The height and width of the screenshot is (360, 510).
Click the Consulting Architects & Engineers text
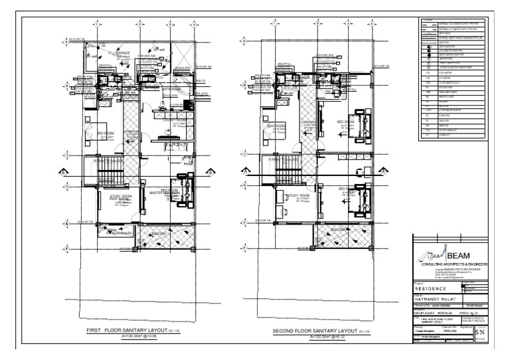(x=454, y=264)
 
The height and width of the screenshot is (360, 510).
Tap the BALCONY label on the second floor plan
(x=341, y=229)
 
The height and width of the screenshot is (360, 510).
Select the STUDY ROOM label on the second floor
(x=299, y=195)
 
